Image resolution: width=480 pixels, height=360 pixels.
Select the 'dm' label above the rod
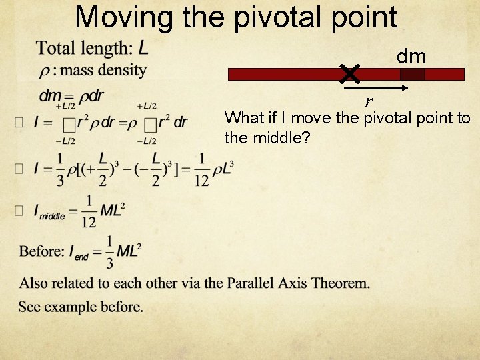pos(411,57)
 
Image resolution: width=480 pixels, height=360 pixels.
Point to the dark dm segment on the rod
pos(412,74)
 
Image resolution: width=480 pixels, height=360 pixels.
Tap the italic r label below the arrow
pos(369,102)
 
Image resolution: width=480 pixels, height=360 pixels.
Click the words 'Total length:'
pos(85,48)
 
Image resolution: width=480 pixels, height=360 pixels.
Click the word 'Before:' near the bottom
pos(42,251)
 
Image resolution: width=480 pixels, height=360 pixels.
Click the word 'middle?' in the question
pos(281,139)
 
